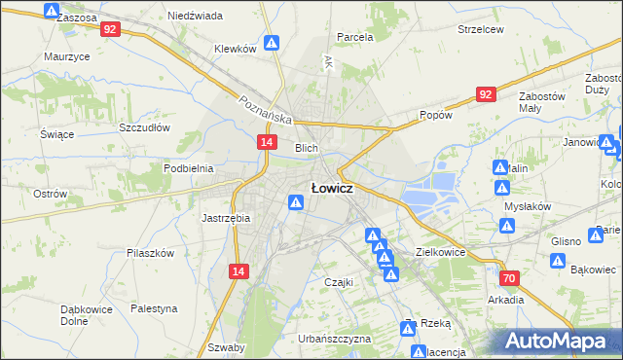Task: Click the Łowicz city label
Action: tap(331, 188)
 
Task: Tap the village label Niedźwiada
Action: tap(195, 17)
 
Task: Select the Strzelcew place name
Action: tap(480, 29)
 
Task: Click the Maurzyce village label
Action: tap(67, 56)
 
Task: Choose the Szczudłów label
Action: tap(144, 127)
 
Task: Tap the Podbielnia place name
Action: tap(188, 168)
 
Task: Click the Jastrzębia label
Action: tap(226, 218)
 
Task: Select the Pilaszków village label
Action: tap(150, 252)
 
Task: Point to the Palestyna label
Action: tap(155, 308)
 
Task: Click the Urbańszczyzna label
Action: tap(335, 339)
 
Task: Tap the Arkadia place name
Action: tap(506, 300)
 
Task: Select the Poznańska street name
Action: tap(267, 108)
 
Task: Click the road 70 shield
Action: tap(510, 278)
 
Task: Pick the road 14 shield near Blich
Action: tap(267, 142)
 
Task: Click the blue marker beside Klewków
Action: tap(274, 44)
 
